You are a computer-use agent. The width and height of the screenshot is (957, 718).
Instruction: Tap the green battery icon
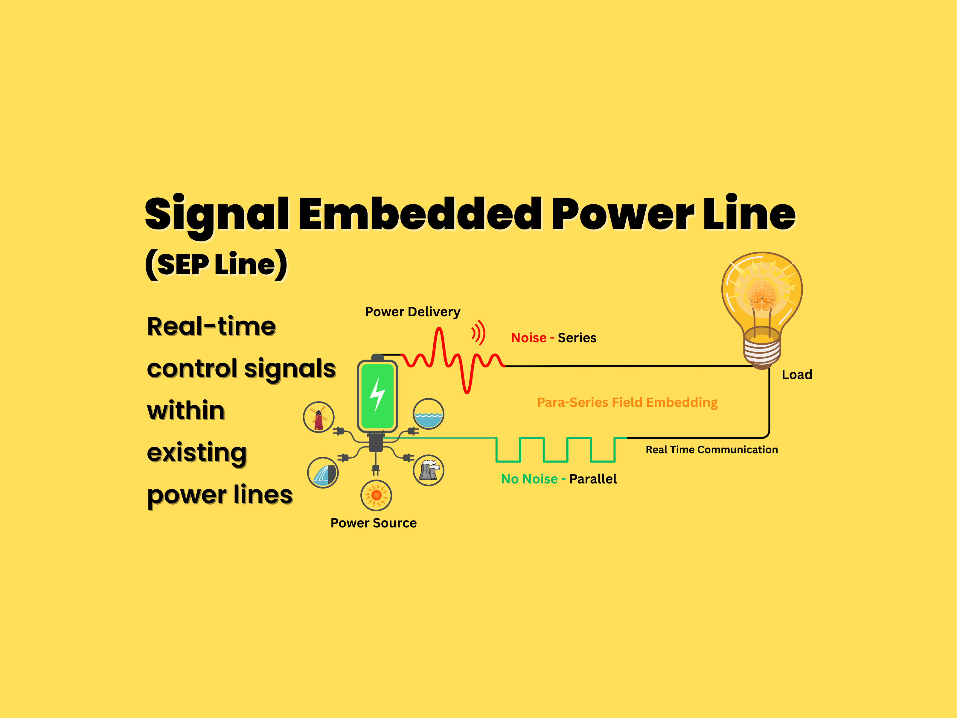[x=377, y=396]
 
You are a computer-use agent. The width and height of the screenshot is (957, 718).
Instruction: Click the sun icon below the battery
[x=376, y=495]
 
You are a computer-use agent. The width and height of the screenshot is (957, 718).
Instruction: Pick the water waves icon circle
[x=428, y=414]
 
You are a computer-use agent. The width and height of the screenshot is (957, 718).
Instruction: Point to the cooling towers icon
[x=428, y=470]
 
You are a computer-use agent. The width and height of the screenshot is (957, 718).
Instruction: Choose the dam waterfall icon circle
[x=323, y=473]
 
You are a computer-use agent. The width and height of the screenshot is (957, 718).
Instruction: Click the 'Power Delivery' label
[x=412, y=312]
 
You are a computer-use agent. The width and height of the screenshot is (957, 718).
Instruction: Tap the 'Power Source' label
[x=373, y=523]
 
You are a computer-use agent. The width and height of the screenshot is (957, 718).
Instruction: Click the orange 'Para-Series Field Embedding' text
[x=627, y=402]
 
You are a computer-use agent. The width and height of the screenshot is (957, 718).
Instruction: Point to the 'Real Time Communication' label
[x=712, y=450]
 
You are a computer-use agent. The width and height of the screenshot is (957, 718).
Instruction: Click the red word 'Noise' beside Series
[x=528, y=337]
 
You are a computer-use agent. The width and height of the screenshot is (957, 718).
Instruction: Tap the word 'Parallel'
[x=593, y=479]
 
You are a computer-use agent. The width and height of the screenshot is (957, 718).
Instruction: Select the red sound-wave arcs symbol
[x=478, y=333]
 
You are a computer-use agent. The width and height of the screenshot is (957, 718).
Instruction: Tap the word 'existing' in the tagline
[x=197, y=453]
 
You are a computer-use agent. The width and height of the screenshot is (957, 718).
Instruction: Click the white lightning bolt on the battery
[x=377, y=394]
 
